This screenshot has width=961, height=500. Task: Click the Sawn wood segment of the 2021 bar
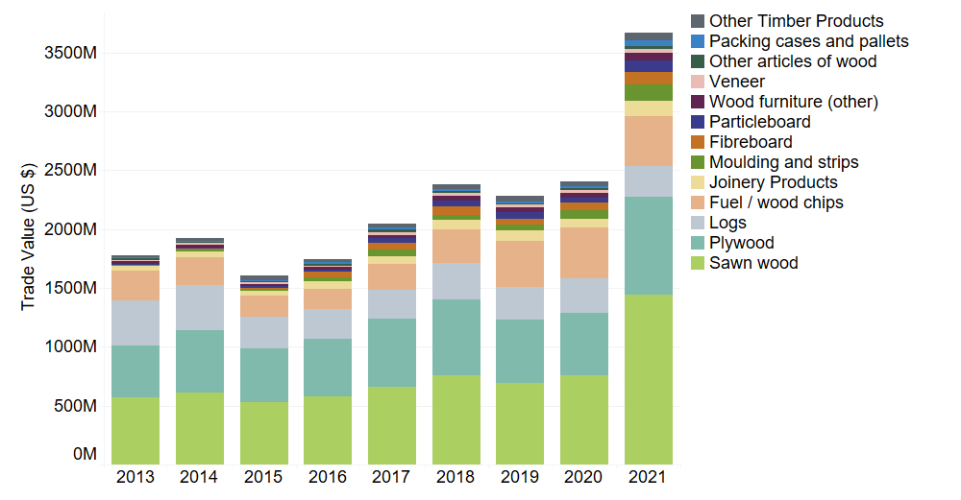pos(649,379)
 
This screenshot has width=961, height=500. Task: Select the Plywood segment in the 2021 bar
pos(649,246)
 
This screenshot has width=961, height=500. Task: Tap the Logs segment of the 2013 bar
pos(136,323)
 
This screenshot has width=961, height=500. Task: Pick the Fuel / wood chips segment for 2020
pos(584,252)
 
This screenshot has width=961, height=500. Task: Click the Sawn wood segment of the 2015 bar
pos(263,433)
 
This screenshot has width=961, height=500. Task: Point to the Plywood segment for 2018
pos(456,337)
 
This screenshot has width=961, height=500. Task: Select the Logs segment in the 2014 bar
pos(200,307)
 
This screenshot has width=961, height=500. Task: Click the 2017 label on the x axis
pos(392,477)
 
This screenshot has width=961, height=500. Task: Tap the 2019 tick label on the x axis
pos(520,477)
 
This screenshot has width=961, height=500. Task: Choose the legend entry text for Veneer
pos(737,82)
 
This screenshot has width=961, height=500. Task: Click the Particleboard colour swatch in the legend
pos(699,122)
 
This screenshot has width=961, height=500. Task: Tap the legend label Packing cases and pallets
pos(808,41)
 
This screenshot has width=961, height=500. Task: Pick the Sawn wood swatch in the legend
pos(699,263)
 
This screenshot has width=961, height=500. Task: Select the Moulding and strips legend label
pos(783,162)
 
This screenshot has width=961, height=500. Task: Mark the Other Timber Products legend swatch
pos(699,21)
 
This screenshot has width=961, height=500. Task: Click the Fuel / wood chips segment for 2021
pos(649,141)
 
